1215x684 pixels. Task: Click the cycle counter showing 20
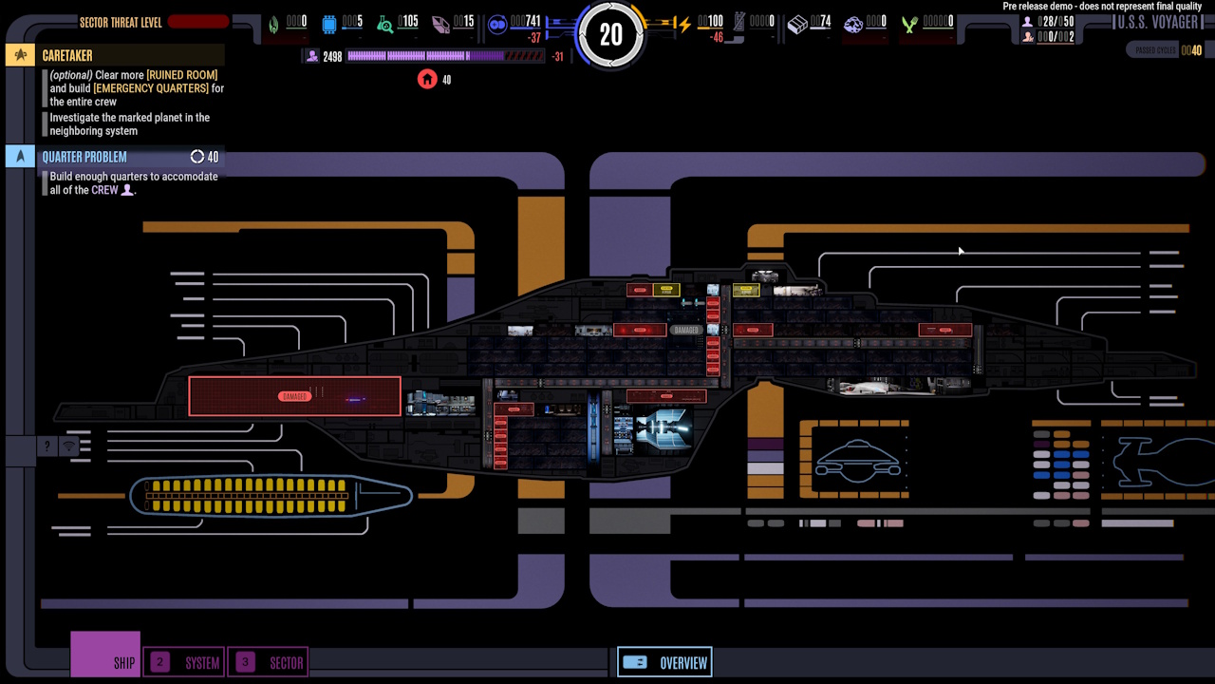(x=610, y=35)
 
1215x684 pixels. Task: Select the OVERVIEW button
(x=664, y=662)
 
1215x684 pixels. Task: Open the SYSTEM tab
(x=185, y=662)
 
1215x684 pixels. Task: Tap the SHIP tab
(x=105, y=655)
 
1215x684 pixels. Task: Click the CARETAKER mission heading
(x=67, y=56)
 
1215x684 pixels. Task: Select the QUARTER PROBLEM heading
(x=84, y=157)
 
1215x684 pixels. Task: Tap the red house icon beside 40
(x=427, y=79)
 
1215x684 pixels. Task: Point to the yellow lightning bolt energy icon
(x=682, y=25)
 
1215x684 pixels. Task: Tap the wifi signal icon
(x=69, y=446)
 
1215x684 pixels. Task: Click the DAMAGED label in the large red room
(x=294, y=396)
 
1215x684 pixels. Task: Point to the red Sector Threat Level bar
(x=198, y=22)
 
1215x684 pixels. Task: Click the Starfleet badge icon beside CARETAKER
(x=20, y=55)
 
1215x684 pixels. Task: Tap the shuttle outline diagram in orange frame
(x=858, y=461)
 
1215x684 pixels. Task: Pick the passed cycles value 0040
(x=1190, y=50)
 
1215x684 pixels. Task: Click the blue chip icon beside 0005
(x=329, y=25)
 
